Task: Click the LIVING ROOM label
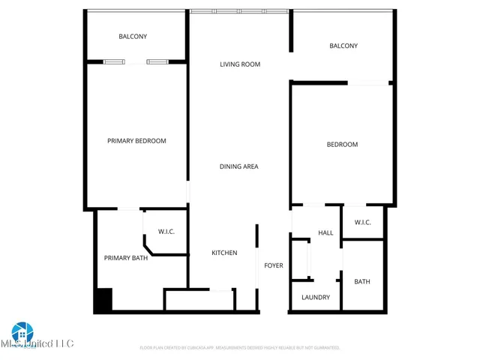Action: [x=240, y=64]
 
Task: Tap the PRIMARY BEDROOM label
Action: [x=136, y=141]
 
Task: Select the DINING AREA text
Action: [x=238, y=166]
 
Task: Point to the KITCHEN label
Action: [x=224, y=253]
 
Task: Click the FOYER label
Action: [x=273, y=265]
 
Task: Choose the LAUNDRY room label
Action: [x=316, y=297]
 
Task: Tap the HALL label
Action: [x=325, y=233]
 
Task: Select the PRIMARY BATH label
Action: [x=126, y=258]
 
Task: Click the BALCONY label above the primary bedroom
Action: [x=133, y=37]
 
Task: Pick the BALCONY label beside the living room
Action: [x=343, y=46]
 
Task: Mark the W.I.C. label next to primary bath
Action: [x=166, y=231]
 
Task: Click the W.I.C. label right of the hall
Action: [x=363, y=222]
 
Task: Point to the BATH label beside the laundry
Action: [x=362, y=282]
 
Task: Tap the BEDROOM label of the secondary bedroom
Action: [x=342, y=145]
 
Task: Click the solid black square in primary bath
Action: [x=103, y=301]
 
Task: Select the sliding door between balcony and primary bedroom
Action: [x=136, y=61]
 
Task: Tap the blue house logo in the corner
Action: [x=22, y=331]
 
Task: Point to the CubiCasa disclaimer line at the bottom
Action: [x=240, y=348]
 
